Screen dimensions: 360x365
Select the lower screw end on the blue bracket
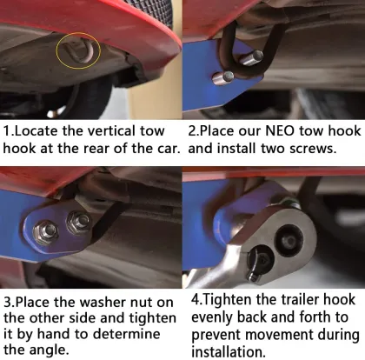(x=229, y=77)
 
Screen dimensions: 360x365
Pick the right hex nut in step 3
(x=80, y=223)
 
